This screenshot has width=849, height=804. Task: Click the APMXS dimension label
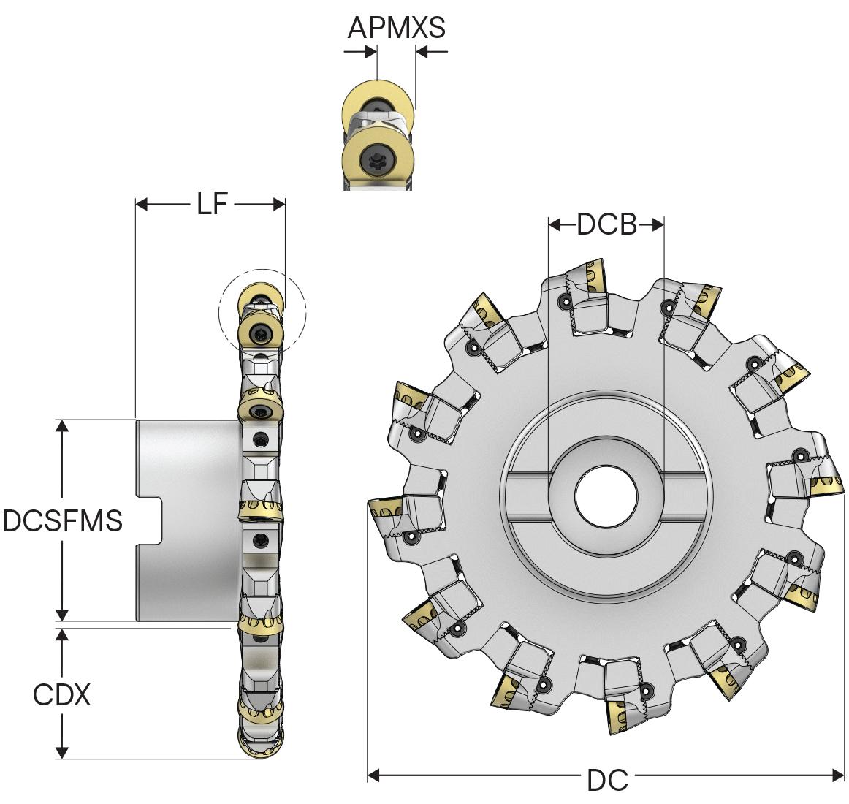395,28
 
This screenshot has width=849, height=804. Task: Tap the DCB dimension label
606,224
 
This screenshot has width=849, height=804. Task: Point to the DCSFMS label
62,521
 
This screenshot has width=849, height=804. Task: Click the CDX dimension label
62,694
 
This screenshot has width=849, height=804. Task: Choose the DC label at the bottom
607,781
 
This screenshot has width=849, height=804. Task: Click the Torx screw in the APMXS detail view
378,156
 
